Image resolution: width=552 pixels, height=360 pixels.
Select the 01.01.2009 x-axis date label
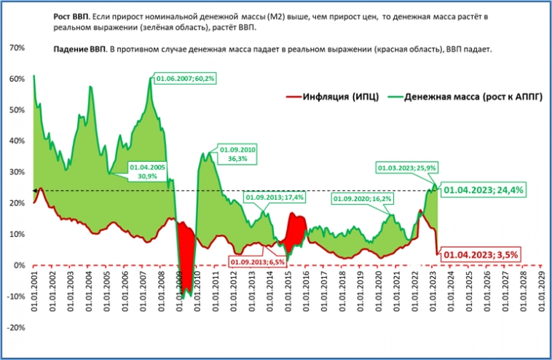pos(179,294)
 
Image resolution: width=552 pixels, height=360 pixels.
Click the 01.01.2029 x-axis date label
pos(539,294)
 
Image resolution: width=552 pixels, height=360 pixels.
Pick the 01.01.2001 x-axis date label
pos(35,294)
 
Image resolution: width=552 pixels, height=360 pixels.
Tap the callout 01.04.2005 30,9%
pos(147,172)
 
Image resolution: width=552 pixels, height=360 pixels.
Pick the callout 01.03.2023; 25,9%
pos(406,168)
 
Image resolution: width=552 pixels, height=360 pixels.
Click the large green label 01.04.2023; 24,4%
pos(484,189)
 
